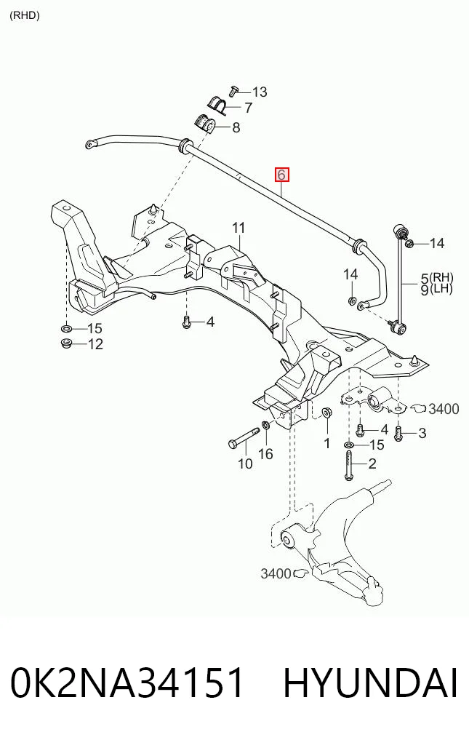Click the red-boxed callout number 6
coord(281,175)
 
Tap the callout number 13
coord(260,92)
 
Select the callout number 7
coord(248,108)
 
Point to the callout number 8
coord(236,127)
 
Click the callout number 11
coord(238,228)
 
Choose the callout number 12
coord(95,344)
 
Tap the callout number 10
coord(245,464)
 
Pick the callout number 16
coord(265,454)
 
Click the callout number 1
coord(326,444)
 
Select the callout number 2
coord(372,464)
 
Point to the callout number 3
coord(422,433)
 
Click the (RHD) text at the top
coord(25,15)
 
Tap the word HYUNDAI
coord(370,683)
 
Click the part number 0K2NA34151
coord(127,683)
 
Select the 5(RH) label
coord(437,278)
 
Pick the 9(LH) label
coord(436,289)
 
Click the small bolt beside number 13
coord(233,91)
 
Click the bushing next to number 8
coord(205,124)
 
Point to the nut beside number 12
coord(66,343)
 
